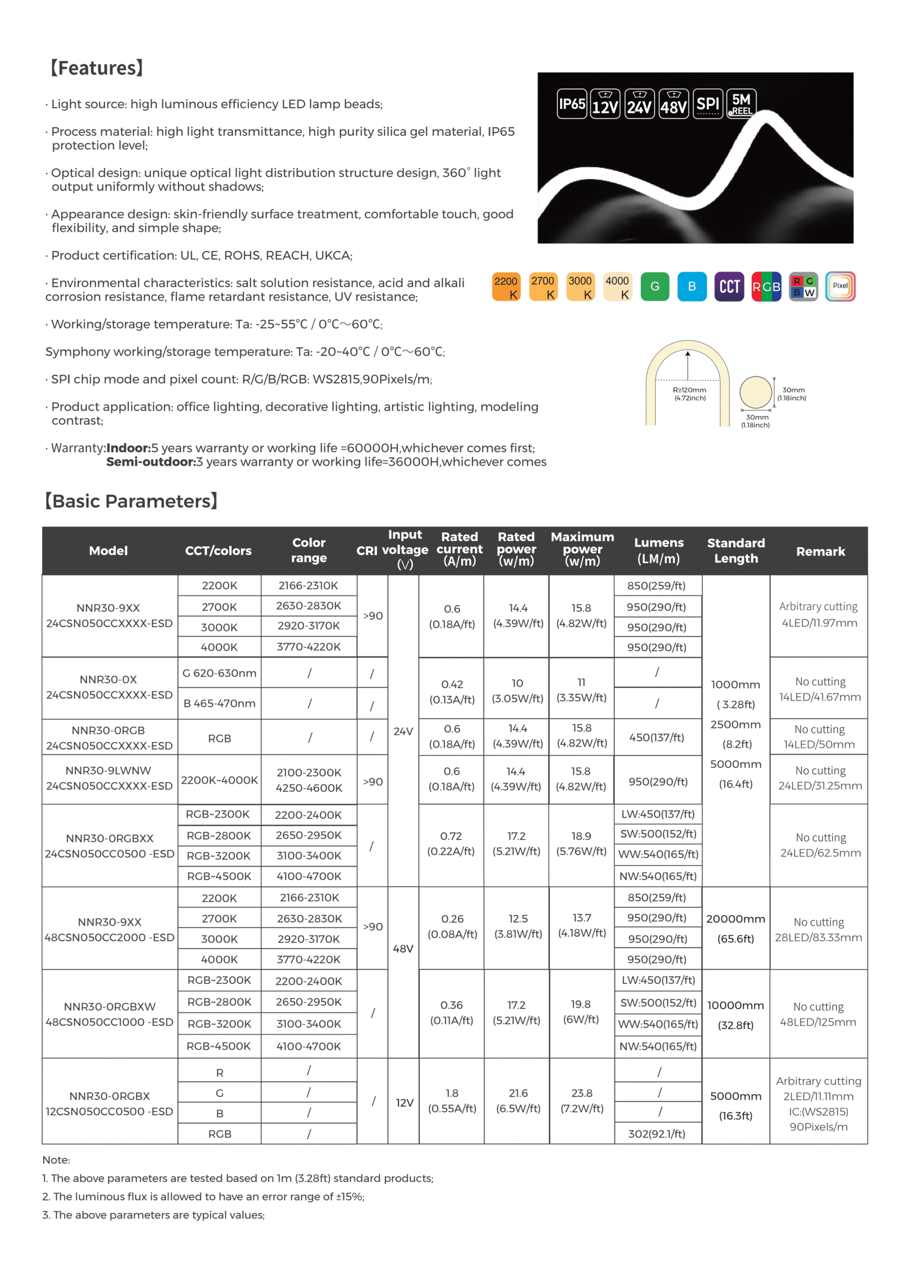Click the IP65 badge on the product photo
[x=571, y=104]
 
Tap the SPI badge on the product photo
[x=708, y=104]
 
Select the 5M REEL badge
[x=741, y=104]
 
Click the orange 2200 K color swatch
[x=506, y=287]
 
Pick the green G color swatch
[x=655, y=287]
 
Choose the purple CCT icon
[x=729, y=287]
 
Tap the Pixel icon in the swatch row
[x=840, y=286]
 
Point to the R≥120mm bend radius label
[x=689, y=394]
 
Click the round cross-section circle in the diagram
[x=755, y=392]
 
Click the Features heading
[x=96, y=68]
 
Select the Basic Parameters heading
[x=131, y=501]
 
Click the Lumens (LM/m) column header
[x=658, y=551]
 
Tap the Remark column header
[x=820, y=551]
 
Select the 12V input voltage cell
[x=404, y=1102]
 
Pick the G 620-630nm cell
[x=219, y=673]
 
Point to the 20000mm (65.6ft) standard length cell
[x=735, y=928]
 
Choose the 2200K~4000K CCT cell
[x=219, y=780]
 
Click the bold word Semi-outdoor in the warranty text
[x=151, y=462]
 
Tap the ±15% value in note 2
[x=349, y=1197]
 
